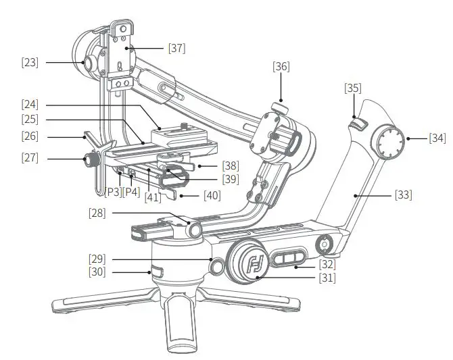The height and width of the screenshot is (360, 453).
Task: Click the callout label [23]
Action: point(30,62)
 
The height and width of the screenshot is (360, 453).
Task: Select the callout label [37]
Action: point(176,48)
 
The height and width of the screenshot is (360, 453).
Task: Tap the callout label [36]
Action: point(281,66)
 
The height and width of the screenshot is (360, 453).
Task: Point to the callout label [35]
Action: point(353,88)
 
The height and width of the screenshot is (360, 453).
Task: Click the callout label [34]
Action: point(437,138)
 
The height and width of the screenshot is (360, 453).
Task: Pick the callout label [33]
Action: point(404,195)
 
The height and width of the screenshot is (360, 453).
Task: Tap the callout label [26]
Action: point(30,136)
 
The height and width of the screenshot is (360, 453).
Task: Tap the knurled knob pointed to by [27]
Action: point(88,160)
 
